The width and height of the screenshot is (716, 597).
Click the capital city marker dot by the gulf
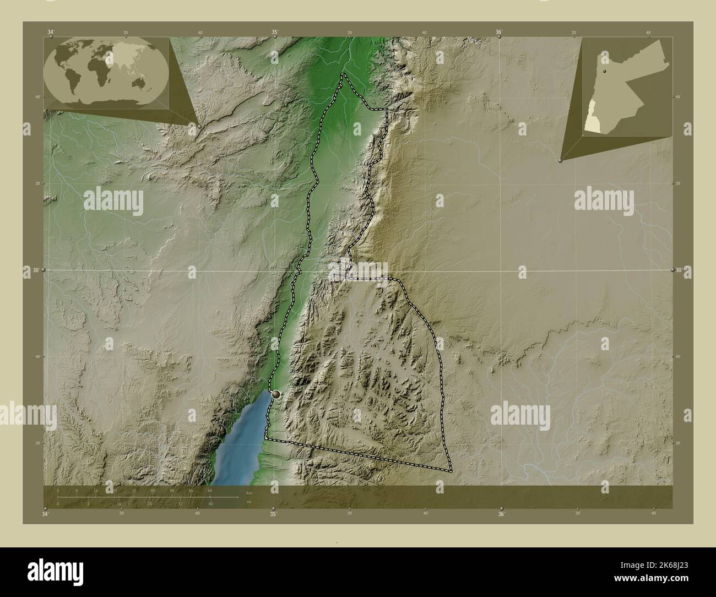pos(276,394)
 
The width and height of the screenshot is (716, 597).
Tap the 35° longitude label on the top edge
pos(274,32)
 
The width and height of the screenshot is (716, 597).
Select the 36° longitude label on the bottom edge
pos(501,514)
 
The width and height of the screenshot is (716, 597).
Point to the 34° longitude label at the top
pos(51,32)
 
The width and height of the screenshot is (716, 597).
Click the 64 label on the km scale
pos(210,490)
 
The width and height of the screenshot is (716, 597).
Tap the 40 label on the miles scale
pos(211,503)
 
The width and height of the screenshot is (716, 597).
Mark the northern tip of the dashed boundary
pos(343,74)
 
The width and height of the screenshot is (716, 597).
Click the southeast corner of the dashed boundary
pos(451,471)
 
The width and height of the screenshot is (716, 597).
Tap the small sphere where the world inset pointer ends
pos(199,126)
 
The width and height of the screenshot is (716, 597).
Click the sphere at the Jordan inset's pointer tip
pos(561,160)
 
